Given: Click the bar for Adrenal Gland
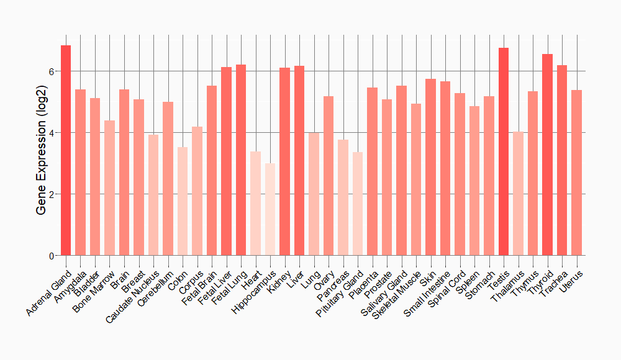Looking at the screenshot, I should (66, 150).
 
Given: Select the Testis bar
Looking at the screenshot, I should (504, 151).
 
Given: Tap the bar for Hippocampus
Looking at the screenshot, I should (270, 209).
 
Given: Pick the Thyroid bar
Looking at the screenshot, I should (547, 155).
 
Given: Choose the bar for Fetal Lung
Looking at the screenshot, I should (241, 160).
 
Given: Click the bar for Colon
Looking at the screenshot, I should (183, 201).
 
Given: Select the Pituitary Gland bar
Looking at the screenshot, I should (358, 204).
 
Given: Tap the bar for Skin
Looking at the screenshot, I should (430, 167).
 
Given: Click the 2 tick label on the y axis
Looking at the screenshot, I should (52, 194).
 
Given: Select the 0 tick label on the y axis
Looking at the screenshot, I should (52, 256).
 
